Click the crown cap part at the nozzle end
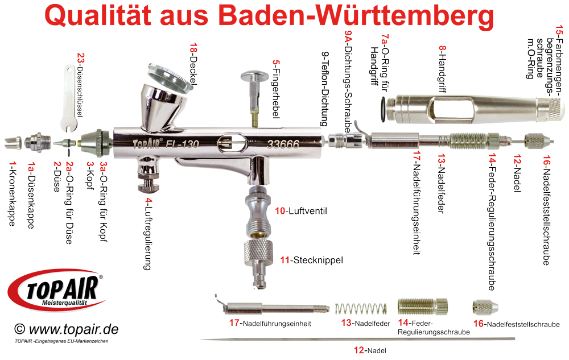(x=13, y=143)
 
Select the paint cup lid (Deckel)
(x=170, y=77)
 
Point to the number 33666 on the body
(x=283, y=144)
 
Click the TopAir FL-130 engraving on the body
(x=166, y=144)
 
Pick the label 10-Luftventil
(x=301, y=211)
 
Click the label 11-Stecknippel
(x=311, y=260)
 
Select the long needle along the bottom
(x=357, y=339)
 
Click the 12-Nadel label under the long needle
(x=370, y=350)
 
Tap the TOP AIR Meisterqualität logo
(x=56, y=290)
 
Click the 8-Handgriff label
(x=442, y=69)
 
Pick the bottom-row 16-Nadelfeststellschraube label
(x=517, y=324)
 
